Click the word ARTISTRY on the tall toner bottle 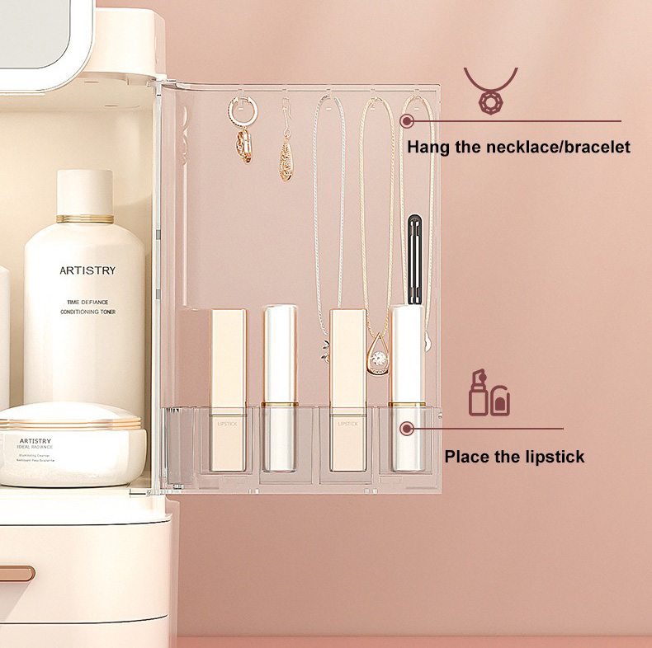[87, 270]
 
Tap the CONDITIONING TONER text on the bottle [92, 312]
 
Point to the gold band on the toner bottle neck [85, 218]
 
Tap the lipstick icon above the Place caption [489, 393]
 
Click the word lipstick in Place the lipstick [554, 456]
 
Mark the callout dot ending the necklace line [406, 121]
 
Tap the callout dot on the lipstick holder [406, 428]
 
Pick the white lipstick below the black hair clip [407, 387]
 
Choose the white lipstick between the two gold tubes [280, 387]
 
